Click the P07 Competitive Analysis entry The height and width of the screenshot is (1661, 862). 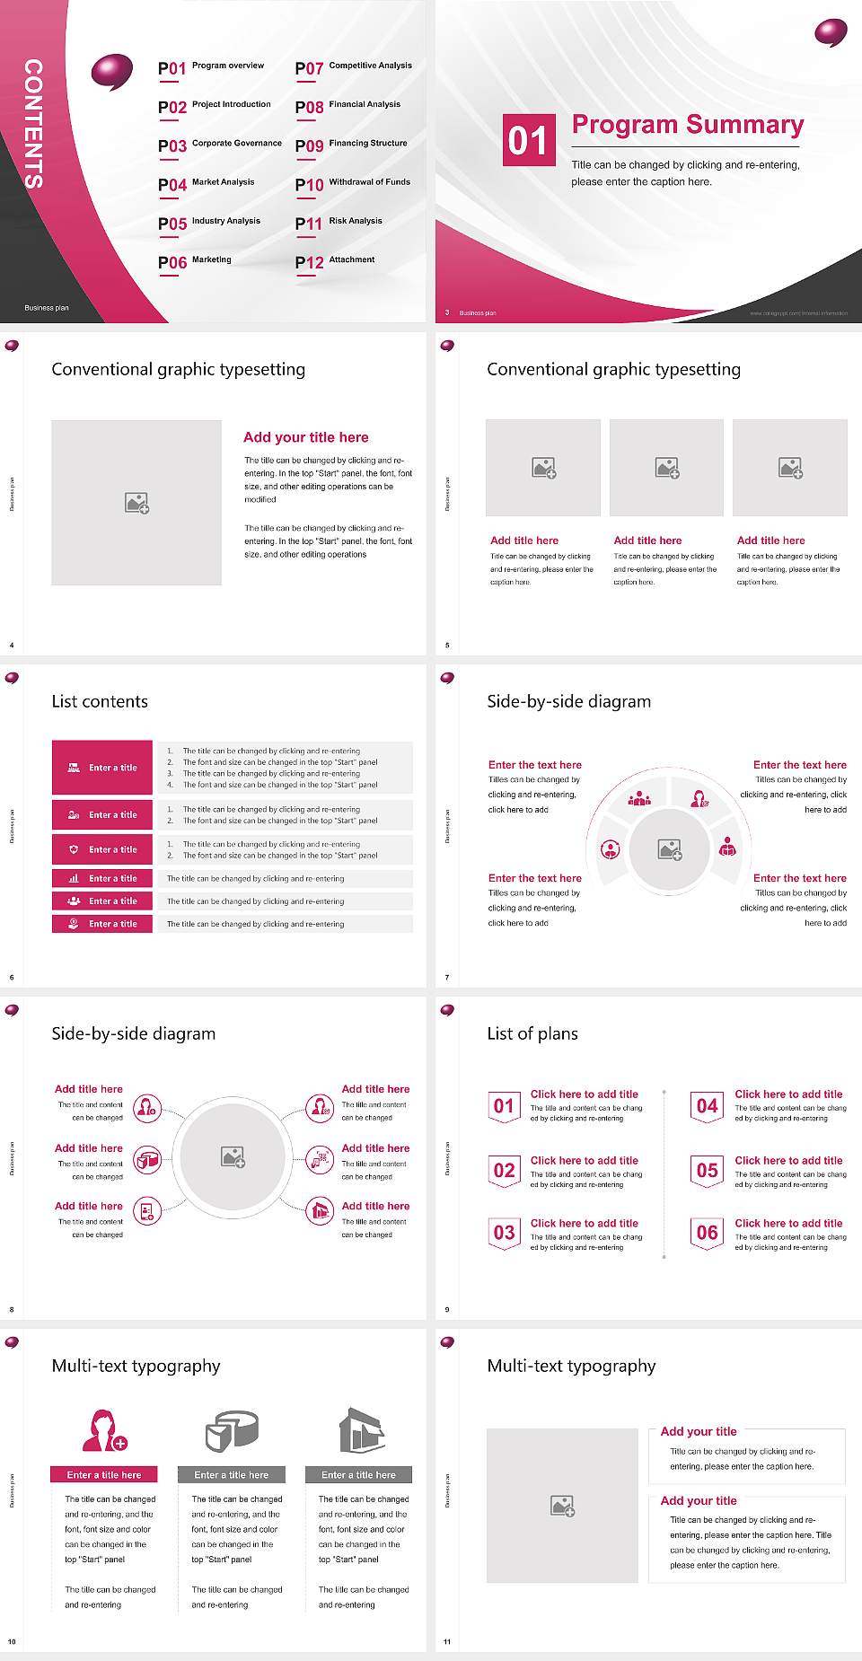click(354, 67)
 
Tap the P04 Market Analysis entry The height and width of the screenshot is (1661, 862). click(207, 184)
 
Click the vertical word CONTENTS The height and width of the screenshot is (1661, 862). click(33, 124)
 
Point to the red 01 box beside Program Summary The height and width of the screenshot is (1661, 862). click(528, 140)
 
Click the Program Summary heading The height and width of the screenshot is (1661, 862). click(688, 125)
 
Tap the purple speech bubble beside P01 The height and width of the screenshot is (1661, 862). click(112, 72)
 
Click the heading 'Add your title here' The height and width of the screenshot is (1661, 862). click(305, 437)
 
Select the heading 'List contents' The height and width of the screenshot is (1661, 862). click(100, 701)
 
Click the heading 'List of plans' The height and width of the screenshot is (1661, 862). click(532, 1033)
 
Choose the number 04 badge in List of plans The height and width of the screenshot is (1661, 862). click(708, 1106)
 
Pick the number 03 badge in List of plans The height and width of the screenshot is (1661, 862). click(504, 1233)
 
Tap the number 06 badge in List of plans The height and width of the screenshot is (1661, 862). click(708, 1233)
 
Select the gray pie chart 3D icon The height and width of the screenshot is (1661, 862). click(232, 1430)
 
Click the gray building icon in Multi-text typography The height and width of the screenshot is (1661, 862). click(361, 1430)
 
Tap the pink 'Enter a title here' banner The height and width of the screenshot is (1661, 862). click(104, 1474)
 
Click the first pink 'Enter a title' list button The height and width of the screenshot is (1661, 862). click(103, 768)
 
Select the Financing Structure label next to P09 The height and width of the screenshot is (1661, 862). click(368, 144)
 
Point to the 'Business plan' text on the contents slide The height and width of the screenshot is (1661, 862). click(47, 308)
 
